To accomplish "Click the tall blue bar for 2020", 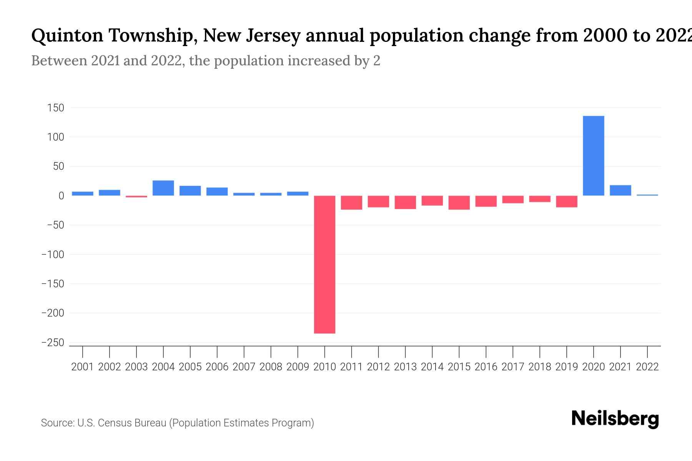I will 593,156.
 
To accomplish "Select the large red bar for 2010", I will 324,264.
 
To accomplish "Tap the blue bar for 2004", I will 163,188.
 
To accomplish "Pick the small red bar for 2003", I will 136,196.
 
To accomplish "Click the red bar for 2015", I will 459,202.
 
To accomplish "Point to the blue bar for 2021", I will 620,190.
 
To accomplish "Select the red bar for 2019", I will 566,201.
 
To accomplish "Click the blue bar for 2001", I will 83,194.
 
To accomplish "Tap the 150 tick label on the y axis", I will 55,108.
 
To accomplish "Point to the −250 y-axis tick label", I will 53,343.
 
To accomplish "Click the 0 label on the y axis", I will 61,196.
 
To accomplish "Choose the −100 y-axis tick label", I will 53,255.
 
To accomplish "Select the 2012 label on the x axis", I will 378,367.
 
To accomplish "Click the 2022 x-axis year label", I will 647,367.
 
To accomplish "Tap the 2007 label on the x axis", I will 244,367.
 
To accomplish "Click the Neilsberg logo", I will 615,419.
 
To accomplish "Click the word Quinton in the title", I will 67,36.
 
